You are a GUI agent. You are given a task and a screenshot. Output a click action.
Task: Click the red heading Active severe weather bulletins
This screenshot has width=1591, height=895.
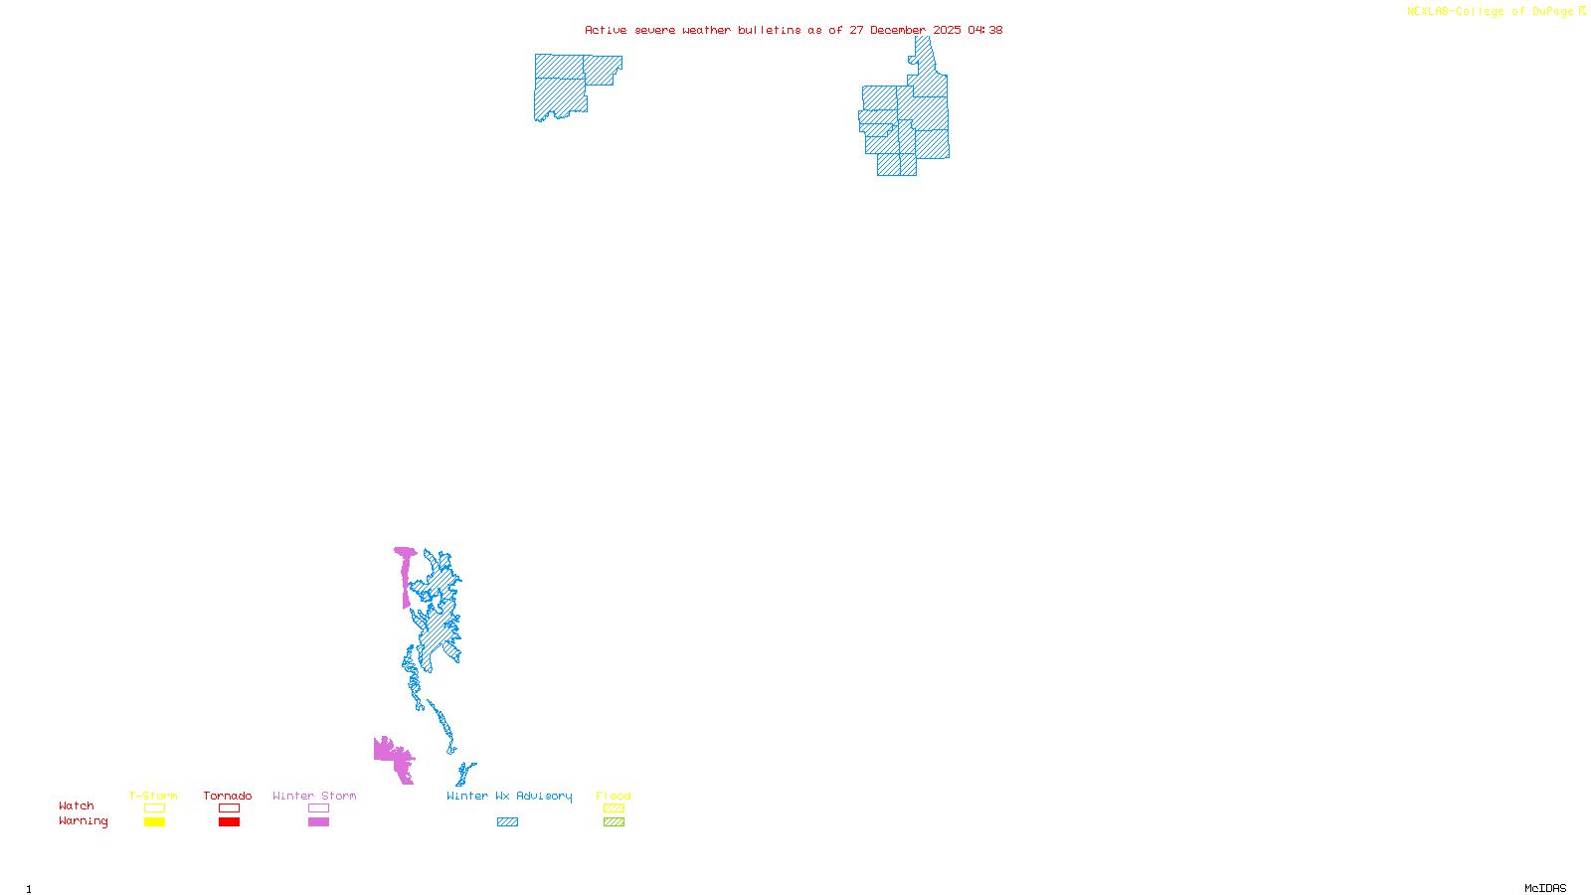click(x=793, y=30)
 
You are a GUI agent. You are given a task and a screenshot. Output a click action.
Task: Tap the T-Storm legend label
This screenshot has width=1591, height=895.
click(x=153, y=796)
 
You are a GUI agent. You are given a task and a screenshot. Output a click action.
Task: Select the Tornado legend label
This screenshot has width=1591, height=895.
click(x=228, y=796)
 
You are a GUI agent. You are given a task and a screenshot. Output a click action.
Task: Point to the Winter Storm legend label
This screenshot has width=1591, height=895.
click(x=314, y=796)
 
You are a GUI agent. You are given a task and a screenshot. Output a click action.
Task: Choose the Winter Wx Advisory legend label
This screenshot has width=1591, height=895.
click(x=509, y=796)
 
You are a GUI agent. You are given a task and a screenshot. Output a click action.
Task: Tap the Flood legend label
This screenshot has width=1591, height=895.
click(x=614, y=796)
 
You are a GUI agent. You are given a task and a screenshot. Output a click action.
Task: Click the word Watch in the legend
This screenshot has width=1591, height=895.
click(x=77, y=805)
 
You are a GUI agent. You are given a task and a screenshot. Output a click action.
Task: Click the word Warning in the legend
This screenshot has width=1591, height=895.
click(x=84, y=821)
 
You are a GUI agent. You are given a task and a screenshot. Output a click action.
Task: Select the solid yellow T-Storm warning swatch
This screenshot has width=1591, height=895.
click(x=154, y=822)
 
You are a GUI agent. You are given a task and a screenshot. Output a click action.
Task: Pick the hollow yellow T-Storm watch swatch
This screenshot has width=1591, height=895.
click(x=154, y=808)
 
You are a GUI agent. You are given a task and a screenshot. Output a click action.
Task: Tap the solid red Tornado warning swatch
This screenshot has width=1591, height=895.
click(x=229, y=822)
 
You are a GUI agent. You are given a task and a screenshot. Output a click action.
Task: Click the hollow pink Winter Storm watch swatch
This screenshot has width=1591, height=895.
click(x=318, y=808)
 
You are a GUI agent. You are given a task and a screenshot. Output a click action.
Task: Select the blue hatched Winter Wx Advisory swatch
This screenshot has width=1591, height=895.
click(x=507, y=822)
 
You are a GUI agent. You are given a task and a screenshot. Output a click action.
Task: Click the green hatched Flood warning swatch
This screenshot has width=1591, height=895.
click(x=614, y=822)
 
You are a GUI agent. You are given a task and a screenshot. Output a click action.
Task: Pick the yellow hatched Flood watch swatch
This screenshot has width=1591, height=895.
click(x=614, y=808)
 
